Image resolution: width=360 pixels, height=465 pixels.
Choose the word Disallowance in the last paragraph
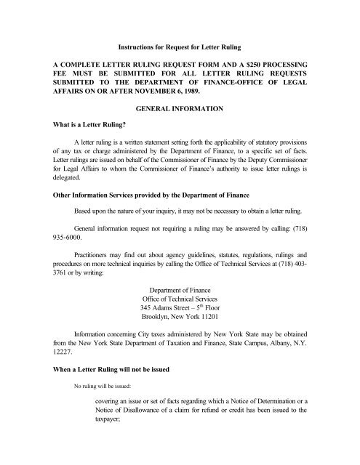143,440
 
